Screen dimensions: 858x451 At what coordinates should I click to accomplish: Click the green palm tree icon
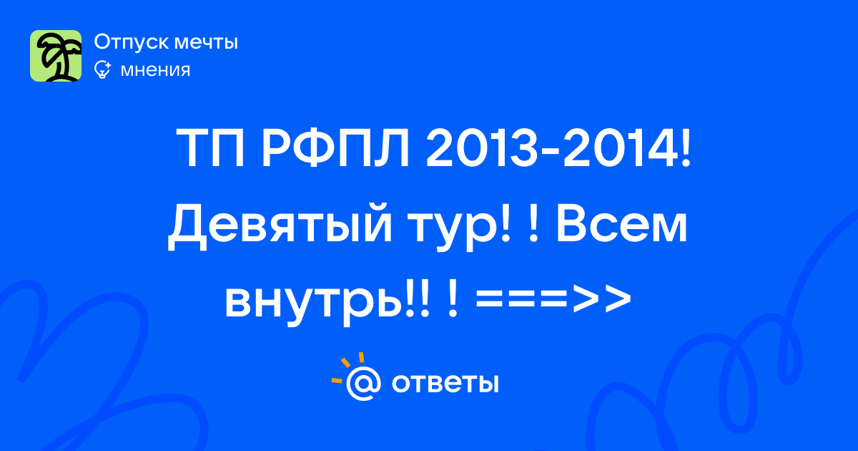(56, 56)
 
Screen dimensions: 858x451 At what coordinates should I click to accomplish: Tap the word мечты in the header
(206, 42)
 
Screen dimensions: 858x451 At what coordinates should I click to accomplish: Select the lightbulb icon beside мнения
(102, 69)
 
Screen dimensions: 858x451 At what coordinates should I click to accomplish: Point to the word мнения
(155, 71)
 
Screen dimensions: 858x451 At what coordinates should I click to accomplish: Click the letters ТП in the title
(210, 148)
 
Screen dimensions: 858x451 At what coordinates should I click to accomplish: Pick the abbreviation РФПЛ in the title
(335, 148)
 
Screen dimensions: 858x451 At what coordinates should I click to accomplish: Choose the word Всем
(621, 223)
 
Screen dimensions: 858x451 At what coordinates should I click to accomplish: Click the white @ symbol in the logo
(363, 383)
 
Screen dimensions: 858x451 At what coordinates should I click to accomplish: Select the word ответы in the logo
(445, 383)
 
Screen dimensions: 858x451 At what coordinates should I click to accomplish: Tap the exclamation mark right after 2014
(685, 148)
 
